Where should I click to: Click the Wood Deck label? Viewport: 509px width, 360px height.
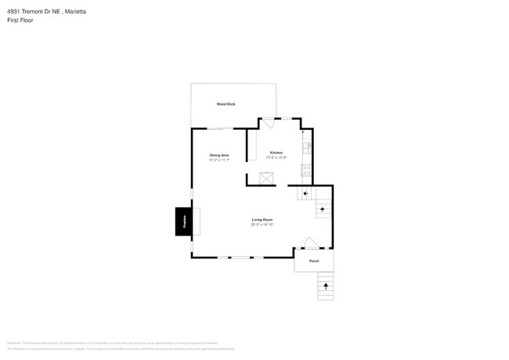[x=226, y=104]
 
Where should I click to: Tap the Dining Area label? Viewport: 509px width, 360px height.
[x=219, y=155]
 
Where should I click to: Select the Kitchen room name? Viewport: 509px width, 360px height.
[x=276, y=153]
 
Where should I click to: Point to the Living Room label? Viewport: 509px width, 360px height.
[x=262, y=220]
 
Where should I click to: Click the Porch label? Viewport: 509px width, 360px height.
[x=314, y=261]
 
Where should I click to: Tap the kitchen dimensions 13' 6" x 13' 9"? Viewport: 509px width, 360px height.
[x=276, y=158]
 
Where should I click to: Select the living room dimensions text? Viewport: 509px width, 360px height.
[x=262, y=225]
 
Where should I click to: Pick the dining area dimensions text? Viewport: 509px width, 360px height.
[x=219, y=160]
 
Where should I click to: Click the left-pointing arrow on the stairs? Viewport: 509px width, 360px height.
[x=305, y=193]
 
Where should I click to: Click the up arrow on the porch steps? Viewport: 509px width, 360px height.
[x=326, y=286]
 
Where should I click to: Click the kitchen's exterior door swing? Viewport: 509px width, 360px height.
[x=268, y=123]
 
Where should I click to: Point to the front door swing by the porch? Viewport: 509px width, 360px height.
[x=310, y=243]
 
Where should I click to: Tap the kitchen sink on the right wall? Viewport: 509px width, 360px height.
[x=307, y=146]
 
